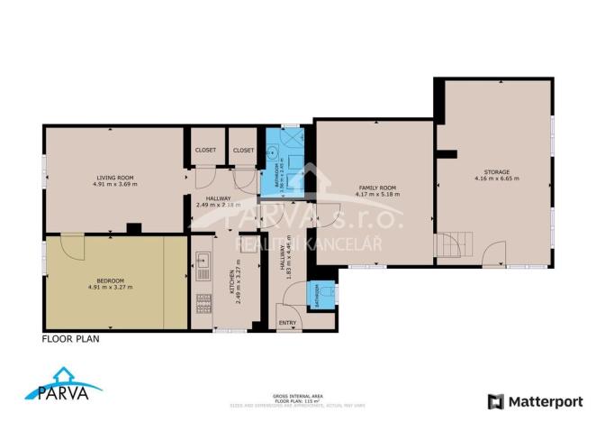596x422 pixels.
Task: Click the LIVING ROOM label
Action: coord(114,178)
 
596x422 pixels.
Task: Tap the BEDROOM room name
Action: coord(111,281)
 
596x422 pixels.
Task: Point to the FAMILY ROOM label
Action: coord(377,188)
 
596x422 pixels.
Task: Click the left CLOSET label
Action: coord(204,151)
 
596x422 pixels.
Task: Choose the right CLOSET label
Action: coord(243,151)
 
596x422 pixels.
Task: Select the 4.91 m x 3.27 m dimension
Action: coord(111,288)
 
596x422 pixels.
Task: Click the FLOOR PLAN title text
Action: coord(70,340)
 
